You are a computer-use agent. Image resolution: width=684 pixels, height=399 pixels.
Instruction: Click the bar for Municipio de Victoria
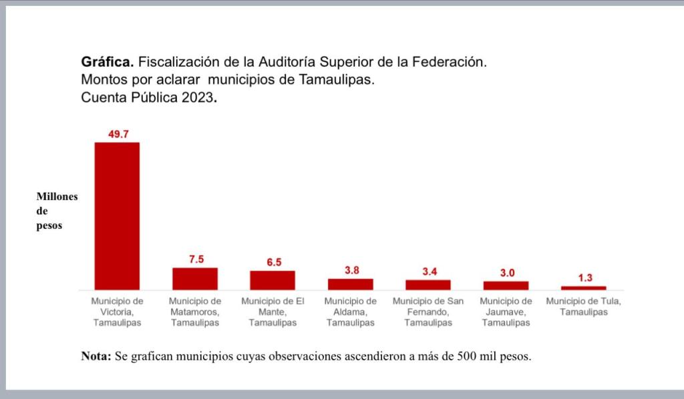[117, 216]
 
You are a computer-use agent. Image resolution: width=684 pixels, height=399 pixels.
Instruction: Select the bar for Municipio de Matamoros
[195, 278]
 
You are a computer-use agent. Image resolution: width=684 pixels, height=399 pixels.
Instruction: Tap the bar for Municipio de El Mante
[273, 280]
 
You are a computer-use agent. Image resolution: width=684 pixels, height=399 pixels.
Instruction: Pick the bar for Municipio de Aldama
[351, 284]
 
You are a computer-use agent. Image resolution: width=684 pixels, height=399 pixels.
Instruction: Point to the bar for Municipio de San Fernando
[428, 284]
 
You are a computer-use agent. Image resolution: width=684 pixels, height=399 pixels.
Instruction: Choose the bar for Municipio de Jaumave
[506, 285]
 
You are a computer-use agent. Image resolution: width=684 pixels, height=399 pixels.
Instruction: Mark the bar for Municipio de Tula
[584, 288]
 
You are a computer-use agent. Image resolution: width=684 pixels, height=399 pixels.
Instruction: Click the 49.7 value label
[118, 134]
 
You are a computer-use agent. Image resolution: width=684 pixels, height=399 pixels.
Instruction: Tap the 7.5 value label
[196, 260]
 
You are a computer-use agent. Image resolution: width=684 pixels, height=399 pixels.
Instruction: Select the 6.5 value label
[274, 262]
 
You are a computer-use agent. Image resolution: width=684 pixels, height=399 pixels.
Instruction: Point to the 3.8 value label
[351, 270]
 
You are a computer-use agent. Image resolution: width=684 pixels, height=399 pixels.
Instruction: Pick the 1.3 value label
[584, 278]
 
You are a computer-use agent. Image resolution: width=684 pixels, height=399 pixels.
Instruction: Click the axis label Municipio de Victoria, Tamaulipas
[117, 312]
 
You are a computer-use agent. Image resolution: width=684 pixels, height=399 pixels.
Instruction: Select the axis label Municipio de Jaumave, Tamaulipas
[506, 312]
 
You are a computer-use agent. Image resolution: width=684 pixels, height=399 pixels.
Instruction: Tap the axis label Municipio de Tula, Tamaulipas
[584, 306]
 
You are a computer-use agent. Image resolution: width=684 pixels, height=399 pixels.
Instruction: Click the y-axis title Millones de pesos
[57, 211]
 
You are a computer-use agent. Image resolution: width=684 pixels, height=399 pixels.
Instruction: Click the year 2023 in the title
[198, 97]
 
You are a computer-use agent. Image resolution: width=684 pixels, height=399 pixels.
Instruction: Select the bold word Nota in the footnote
[96, 356]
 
